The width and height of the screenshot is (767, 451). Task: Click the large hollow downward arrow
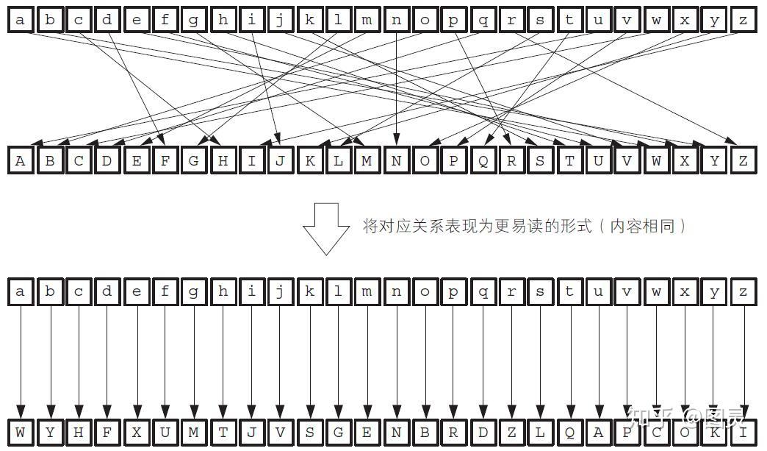326,228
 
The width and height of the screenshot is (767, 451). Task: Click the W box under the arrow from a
21,433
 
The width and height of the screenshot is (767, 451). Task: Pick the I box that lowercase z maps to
743,433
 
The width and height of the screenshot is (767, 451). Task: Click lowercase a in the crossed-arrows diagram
21,20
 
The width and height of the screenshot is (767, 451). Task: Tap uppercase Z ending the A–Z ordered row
743,160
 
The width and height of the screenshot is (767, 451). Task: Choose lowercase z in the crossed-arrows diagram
743,20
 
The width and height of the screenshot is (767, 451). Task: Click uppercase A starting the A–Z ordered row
21,160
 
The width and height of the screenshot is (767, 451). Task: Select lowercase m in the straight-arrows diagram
367,292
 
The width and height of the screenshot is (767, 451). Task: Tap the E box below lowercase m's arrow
367,433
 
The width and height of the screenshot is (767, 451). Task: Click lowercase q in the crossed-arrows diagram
483,20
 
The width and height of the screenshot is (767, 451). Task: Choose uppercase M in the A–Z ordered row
367,160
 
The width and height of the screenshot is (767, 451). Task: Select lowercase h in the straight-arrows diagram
223,292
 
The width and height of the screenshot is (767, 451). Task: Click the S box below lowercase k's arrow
309,433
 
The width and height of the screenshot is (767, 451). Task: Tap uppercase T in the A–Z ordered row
570,160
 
